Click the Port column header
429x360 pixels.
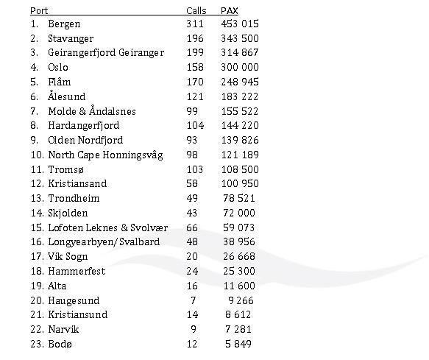38,11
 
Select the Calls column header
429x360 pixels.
196,11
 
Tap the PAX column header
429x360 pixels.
230,11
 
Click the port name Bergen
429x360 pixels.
64,24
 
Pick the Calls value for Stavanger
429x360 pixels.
195,38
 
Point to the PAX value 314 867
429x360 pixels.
240,53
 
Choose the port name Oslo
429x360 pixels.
58,68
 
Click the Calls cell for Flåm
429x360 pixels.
195,82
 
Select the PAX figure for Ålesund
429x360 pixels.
240,96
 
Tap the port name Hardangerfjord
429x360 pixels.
82,126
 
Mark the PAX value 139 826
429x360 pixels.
240,140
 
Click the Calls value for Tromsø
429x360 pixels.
195,169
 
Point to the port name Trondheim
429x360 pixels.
74,199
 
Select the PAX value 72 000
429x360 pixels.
242,213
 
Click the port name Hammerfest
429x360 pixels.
77,271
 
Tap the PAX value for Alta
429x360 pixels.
242,286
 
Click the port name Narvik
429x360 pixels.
63,329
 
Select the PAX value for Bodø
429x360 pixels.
244,344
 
